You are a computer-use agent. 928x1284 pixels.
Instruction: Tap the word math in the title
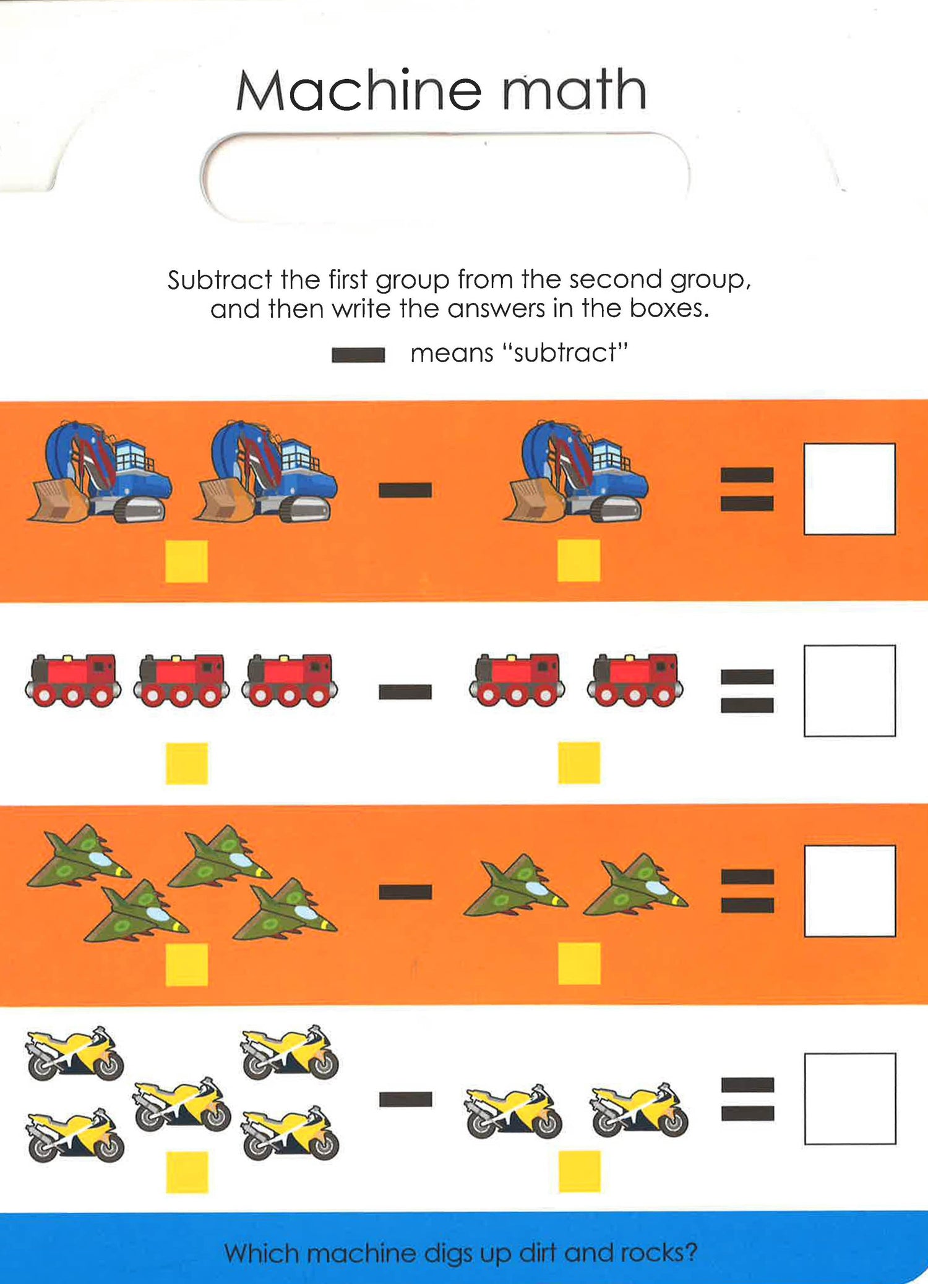574,90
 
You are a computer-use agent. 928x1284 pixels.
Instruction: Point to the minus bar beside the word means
358,355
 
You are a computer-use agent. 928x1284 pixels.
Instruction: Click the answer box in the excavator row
849,488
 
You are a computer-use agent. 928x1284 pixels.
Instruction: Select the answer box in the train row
849,691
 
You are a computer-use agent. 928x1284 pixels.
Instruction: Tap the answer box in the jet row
849,891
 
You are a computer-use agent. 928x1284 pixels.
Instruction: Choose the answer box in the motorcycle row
850,1099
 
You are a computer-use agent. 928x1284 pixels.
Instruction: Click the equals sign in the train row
747,691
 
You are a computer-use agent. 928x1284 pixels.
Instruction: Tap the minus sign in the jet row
405,892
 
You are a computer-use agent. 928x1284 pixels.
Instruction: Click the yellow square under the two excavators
186,561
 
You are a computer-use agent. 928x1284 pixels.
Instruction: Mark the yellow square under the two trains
579,762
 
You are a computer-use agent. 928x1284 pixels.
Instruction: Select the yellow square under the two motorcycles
580,1171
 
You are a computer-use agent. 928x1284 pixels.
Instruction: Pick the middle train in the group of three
181,680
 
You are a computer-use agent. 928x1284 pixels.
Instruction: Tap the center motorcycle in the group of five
182,1104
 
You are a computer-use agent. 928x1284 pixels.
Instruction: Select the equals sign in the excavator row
747,489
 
